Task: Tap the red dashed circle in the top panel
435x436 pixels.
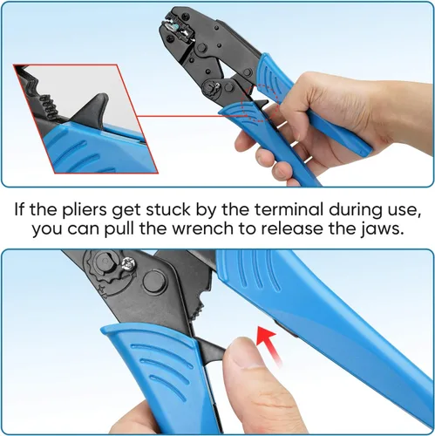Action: coord(260,102)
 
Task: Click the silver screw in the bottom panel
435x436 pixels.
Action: coord(128,263)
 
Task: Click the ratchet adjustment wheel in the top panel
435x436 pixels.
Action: coord(210,87)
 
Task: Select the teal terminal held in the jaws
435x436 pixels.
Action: coord(175,28)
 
